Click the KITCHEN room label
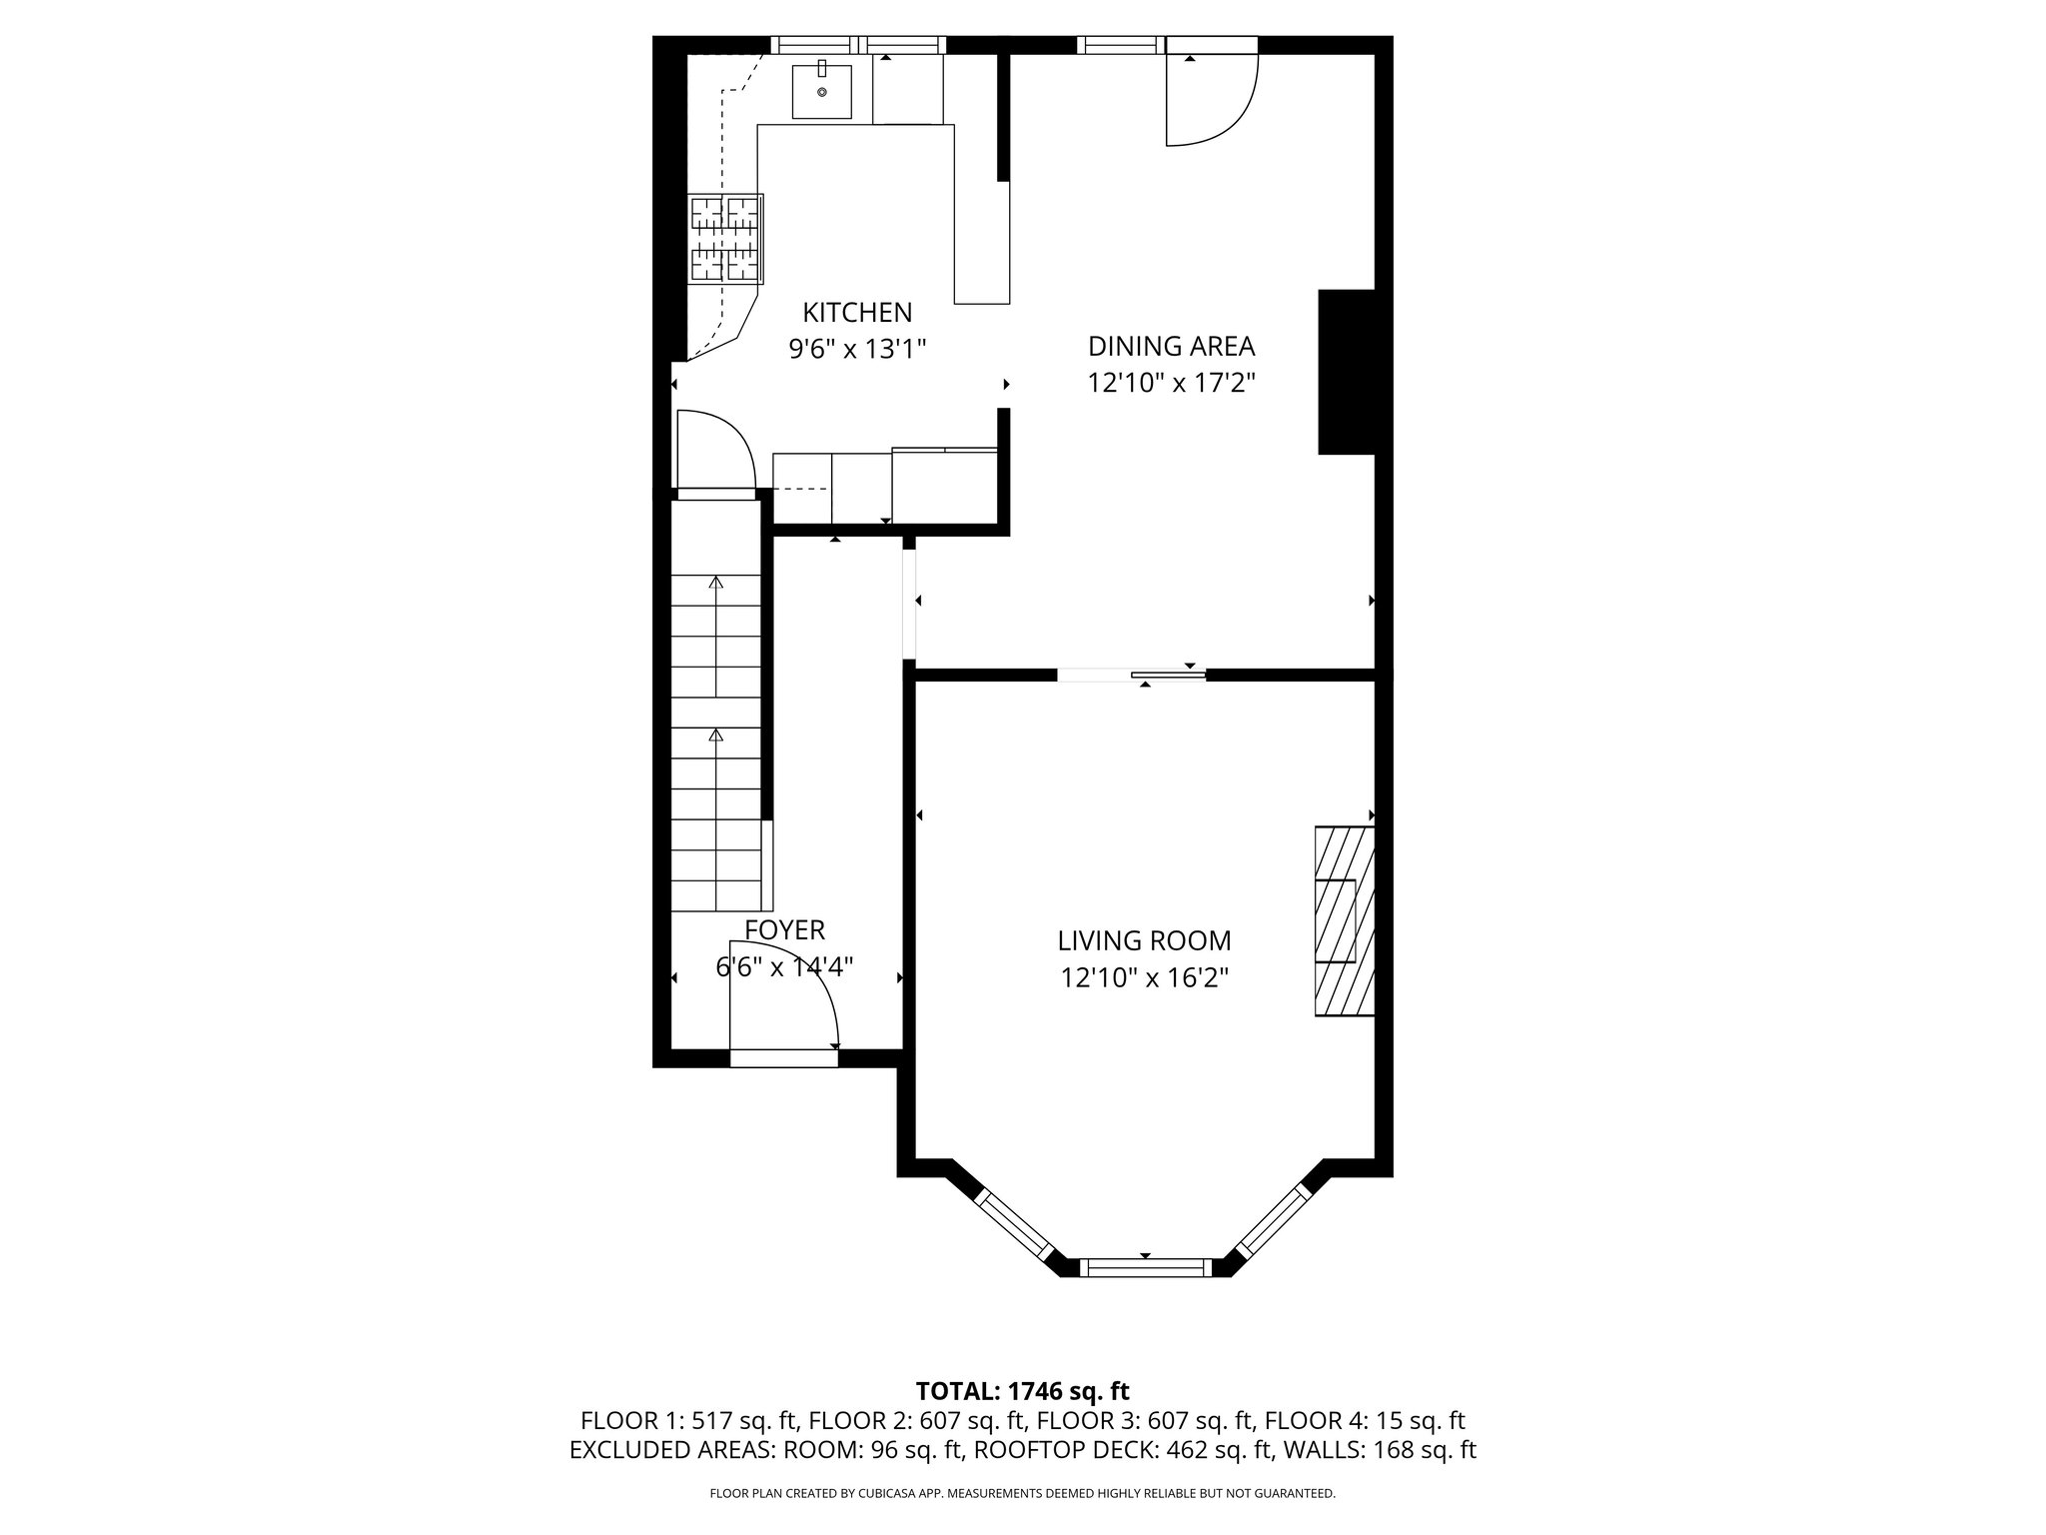[857, 313]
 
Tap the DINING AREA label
[1171, 347]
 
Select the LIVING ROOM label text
[1144, 940]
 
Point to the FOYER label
[784, 930]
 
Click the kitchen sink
[822, 91]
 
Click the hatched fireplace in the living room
[1345, 920]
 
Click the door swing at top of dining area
[1212, 98]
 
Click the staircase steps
[715, 743]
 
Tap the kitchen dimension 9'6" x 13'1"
[858, 349]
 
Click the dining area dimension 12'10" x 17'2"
[1171, 383]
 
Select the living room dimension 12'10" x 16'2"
[1144, 977]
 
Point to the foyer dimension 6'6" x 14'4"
[784, 967]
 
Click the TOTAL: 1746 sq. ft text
[1022, 1391]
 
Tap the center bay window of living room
[1145, 1268]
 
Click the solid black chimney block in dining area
[1347, 372]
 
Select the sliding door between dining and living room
[1132, 676]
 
